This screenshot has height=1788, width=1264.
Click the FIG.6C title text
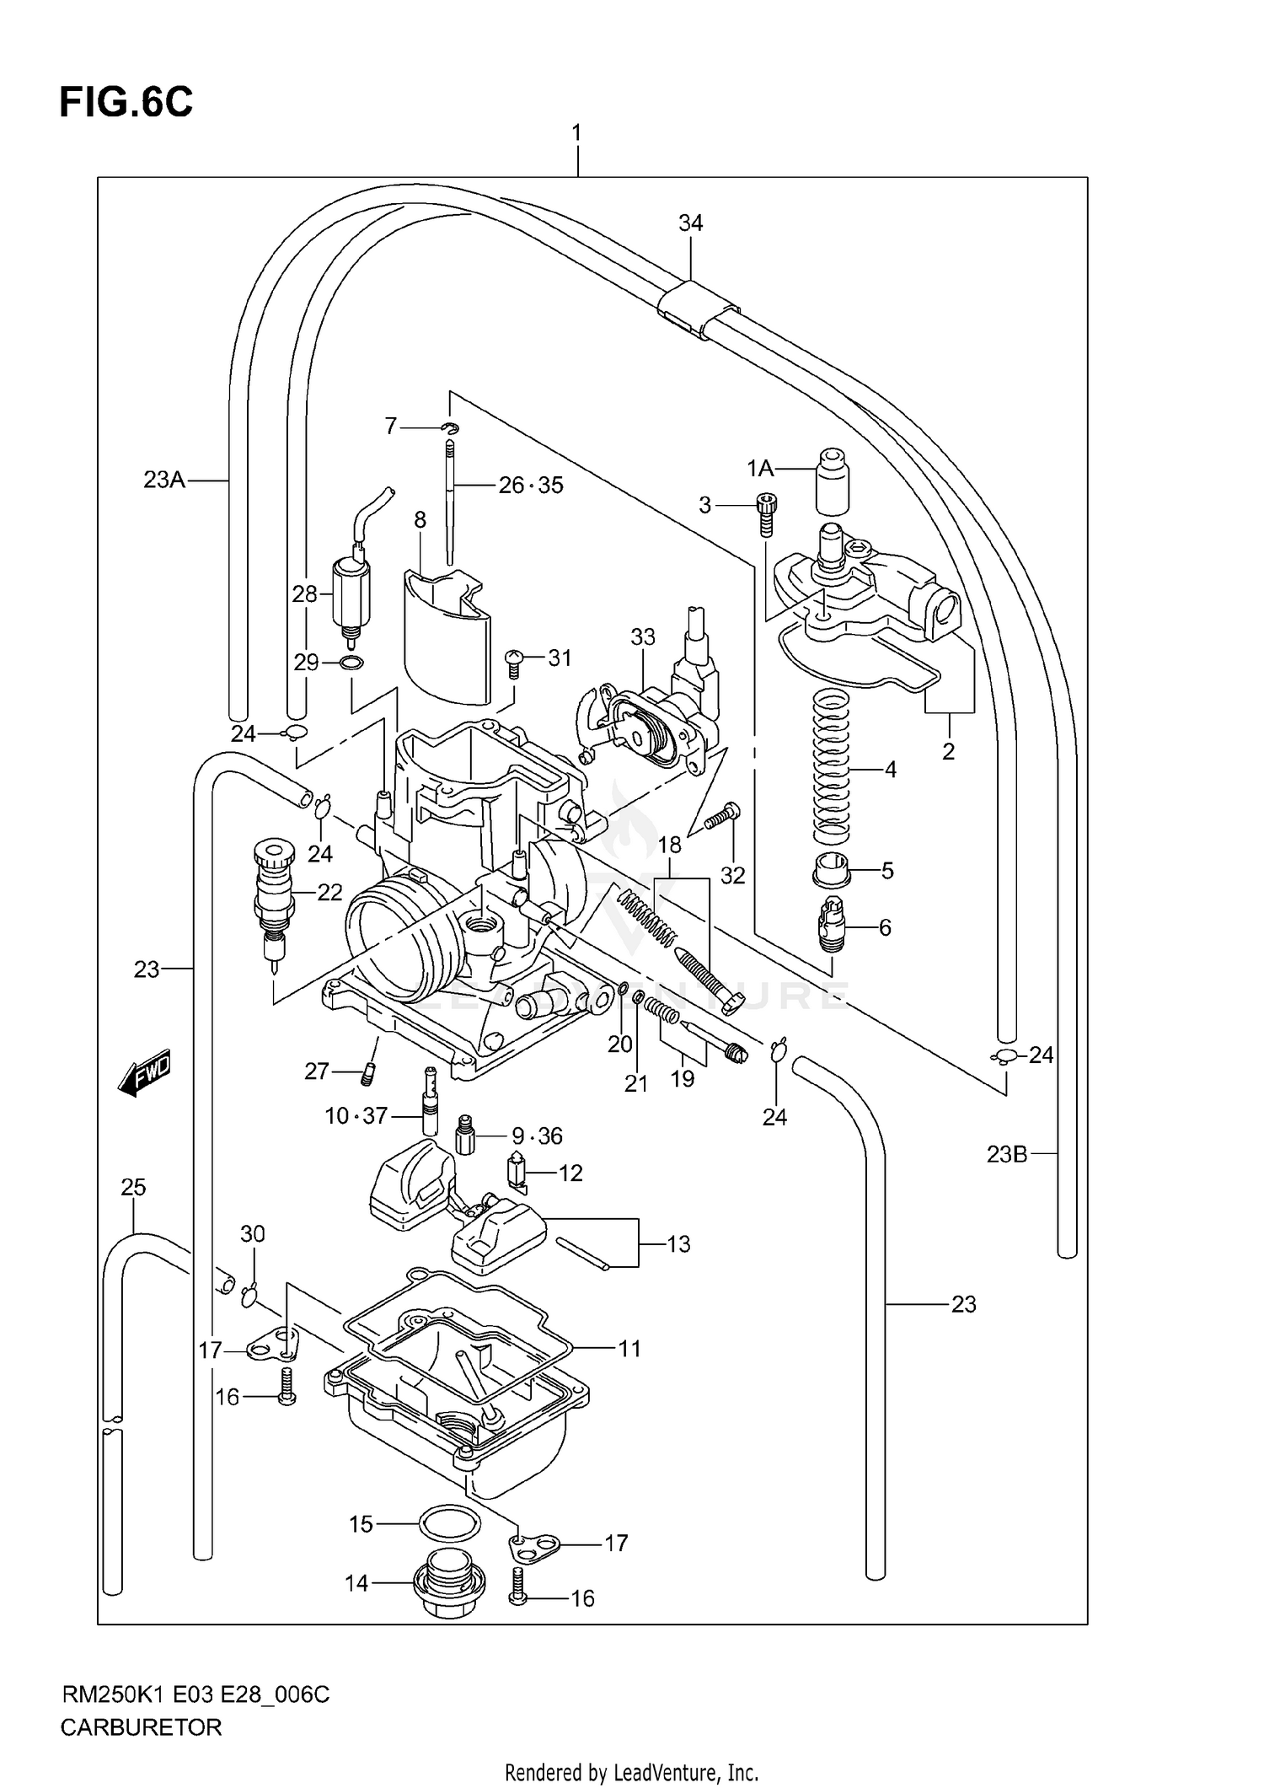(126, 103)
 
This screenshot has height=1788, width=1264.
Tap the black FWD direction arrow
(145, 1072)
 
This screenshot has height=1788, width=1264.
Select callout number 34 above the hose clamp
(690, 223)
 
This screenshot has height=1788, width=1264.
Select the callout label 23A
(164, 481)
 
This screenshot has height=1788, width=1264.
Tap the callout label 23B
(1007, 1154)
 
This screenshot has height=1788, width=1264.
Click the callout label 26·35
(530, 486)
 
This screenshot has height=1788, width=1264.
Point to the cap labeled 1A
(832, 481)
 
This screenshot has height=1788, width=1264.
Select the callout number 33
(642, 637)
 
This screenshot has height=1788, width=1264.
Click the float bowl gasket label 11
(629, 1349)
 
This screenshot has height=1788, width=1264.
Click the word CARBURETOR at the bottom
(141, 1727)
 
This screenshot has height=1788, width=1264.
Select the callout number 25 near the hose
(133, 1188)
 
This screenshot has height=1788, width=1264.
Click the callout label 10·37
(356, 1116)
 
